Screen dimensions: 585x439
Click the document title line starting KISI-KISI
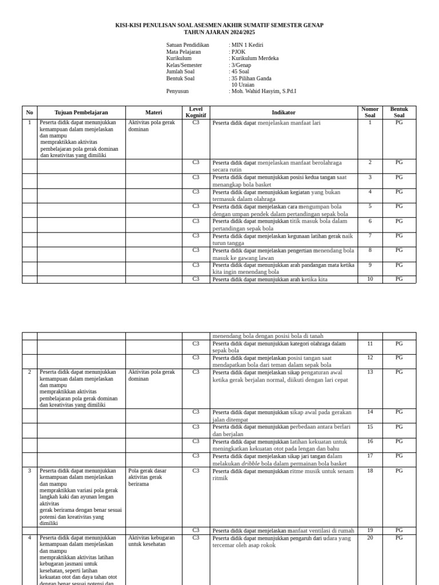click(x=219, y=25)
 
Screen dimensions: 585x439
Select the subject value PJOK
click(x=238, y=52)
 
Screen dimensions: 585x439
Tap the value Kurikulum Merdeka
click(x=255, y=58)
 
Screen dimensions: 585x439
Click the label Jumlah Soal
click(x=180, y=71)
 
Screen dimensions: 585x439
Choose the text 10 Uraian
click(x=243, y=85)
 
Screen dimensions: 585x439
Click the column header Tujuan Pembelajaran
click(x=81, y=113)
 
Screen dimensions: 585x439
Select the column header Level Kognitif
click(x=196, y=113)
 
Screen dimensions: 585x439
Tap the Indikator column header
click(x=284, y=113)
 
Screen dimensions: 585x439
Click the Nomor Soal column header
click(x=370, y=113)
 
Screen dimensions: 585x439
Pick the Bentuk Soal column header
click(x=399, y=113)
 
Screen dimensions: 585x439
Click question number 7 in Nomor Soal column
click(x=370, y=235)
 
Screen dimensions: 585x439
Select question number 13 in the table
click(x=370, y=372)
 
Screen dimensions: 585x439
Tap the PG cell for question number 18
click(x=399, y=471)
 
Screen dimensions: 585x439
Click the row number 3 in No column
click(x=30, y=471)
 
